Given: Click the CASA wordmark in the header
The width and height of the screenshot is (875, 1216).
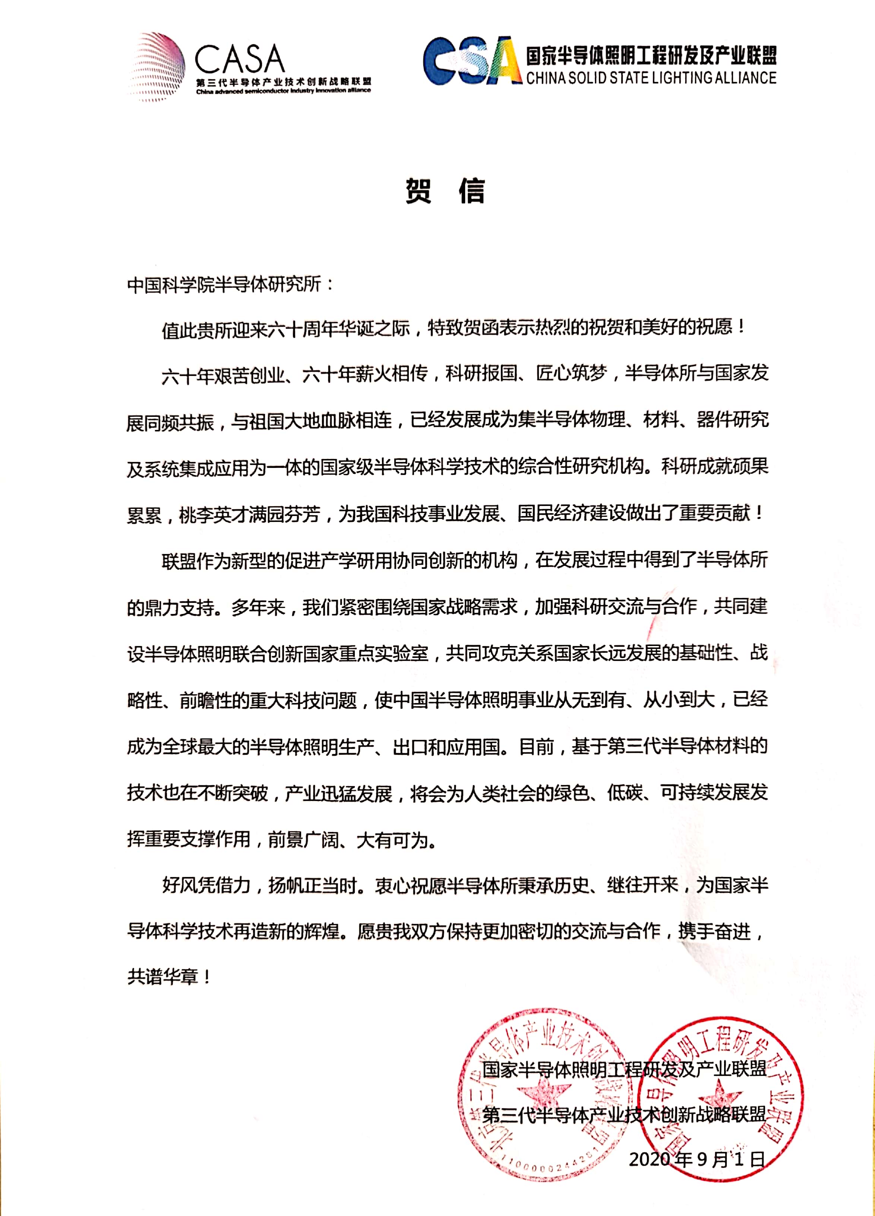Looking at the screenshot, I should (x=239, y=60).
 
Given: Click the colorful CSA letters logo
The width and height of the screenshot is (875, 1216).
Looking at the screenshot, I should (x=472, y=62).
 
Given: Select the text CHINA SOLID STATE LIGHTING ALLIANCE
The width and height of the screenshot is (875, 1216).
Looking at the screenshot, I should (x=651, y=78).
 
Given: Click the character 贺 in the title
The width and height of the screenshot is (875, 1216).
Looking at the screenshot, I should (x=418, y=191).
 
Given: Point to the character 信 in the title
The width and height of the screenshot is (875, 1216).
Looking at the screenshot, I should (x=472, y=191).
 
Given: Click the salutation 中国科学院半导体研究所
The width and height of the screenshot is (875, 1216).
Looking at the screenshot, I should (x=224, y=284).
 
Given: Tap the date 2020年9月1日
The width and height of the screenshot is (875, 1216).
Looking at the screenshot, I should (x=696, y=1159).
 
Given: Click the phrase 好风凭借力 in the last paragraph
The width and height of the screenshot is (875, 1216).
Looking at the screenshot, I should (x=206, y=885).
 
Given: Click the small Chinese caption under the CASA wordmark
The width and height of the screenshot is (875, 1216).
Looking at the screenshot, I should (x=284, y=82).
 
